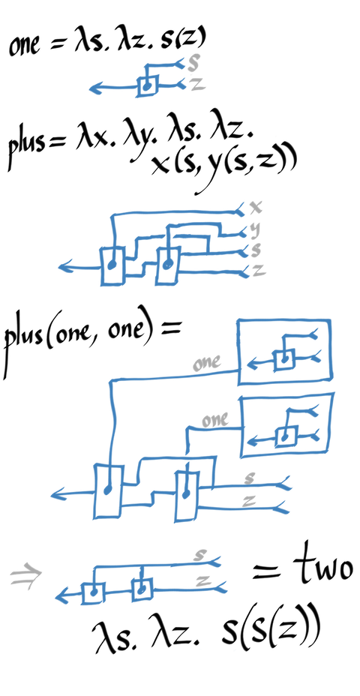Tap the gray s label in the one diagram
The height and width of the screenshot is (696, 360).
(193, 64)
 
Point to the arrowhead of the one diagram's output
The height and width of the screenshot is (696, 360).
(94, 88)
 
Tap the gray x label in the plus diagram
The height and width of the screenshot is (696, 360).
(256, 206)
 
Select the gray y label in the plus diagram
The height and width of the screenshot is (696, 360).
(255, 231)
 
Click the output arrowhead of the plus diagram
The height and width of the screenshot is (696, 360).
(64, 267)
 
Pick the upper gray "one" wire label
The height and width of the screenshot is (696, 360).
(207, 363)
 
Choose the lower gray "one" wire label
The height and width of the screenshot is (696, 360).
(215, 419)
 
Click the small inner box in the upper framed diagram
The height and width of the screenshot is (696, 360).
(283, 359)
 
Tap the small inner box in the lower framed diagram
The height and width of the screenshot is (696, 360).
(286, 437)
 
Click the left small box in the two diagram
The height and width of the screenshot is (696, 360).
(93, 592)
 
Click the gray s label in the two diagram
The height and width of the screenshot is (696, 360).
(201, 554)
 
